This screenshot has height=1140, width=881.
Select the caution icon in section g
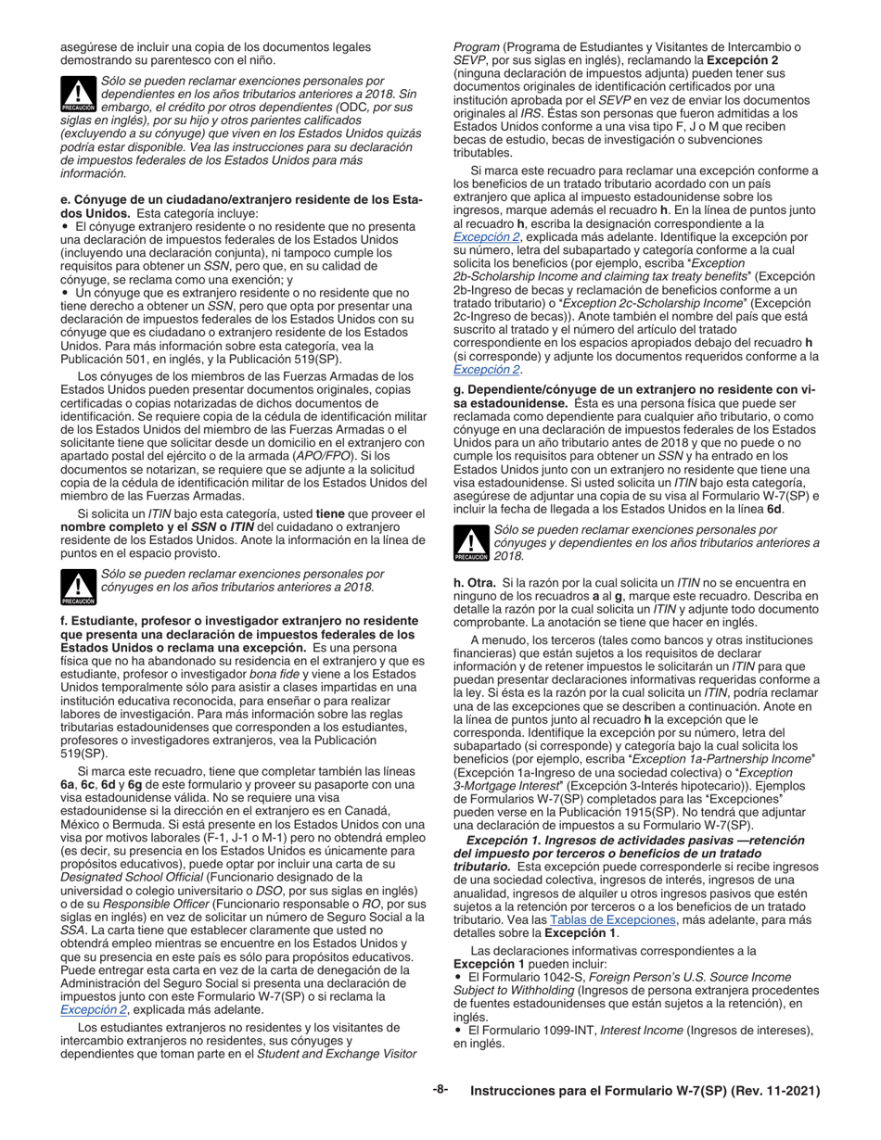(471, 543)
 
